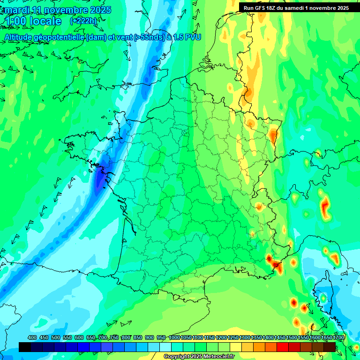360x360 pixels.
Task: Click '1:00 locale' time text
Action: pos(33,22)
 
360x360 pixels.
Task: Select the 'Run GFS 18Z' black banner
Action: pos(296,7)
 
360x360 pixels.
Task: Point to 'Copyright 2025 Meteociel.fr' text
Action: pos(199,356)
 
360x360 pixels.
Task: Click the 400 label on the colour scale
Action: pos(32,338)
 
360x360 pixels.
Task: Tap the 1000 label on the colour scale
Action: pos(174,338)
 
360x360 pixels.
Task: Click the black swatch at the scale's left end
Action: pos(25,347)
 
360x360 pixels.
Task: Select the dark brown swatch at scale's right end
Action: pos(330,347)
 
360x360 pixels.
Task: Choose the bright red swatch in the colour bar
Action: pos(283,347)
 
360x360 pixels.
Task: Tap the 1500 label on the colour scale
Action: pos(291,338)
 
